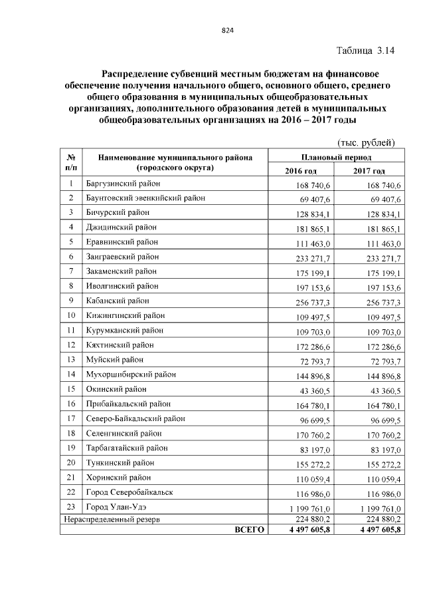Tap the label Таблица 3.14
[x=365, y=50]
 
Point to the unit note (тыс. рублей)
[x=367, y=142]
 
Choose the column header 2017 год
[x=370, y=171]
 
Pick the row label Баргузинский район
[x=124, y=183]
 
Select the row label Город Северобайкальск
[x=129, y=492]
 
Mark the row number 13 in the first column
[x=70, y=360]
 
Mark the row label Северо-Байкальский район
[x=135, y=418]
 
